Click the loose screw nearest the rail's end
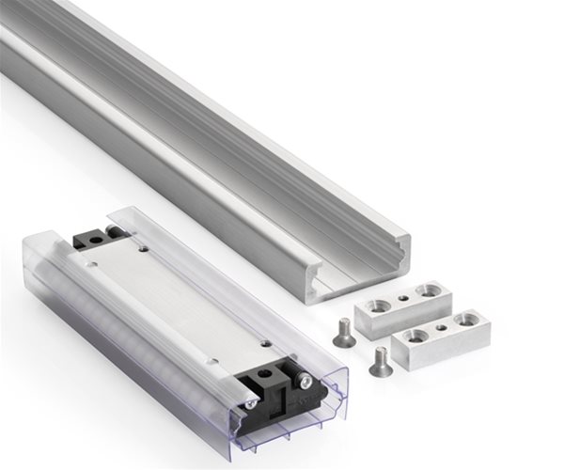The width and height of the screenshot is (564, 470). pyautogui.click(x=341, y=331)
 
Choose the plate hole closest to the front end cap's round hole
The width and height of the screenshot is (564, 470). pyautogui.click(x=267, y=344)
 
